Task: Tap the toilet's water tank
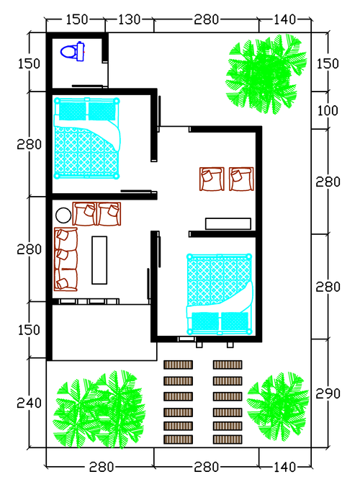(80, 51)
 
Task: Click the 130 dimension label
(129, 19)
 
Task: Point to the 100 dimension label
(327, 111)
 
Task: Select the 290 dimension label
(328, 393)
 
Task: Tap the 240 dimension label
(29, 403)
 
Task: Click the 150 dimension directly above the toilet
(76, 19)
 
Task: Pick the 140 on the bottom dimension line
(284, 467)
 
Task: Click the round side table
(63, 215)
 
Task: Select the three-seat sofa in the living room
(66, 259)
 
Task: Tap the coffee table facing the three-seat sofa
(99, 260)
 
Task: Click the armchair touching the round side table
(84, 214)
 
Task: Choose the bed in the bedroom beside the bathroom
(87, 138)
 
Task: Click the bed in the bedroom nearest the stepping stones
(220, 294)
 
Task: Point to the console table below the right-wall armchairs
(228, 223)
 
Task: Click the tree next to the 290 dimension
(279, 406)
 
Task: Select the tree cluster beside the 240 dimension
(99, 409)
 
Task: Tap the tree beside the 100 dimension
(266, 74)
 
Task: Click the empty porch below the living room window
(104, 332)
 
